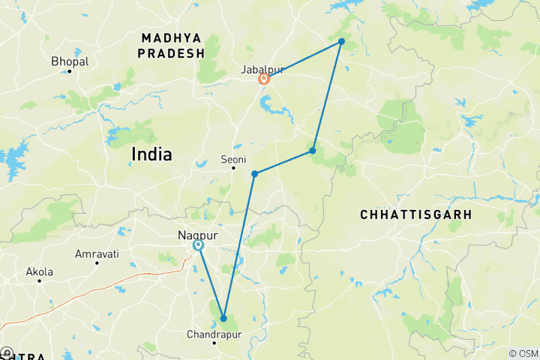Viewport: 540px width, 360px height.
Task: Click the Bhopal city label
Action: click(x=70, y=61)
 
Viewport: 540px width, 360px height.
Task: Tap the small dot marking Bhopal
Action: click(x=70, y=71)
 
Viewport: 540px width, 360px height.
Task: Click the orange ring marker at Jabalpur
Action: click(x=264, y=79)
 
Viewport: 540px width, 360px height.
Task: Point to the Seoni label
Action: click(x=232, y=159)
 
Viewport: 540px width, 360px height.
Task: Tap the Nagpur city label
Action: click(x=197, y=235)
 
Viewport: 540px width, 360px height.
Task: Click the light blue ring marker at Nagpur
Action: click(x=198, y=245)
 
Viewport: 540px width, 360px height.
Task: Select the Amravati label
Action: click(x=97, y=254)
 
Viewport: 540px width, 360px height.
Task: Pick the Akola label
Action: click(x=39, y=271)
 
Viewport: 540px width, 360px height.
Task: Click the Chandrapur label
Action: click(x=214, y=334)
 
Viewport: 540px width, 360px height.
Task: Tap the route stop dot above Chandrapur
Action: click(x=223, y=319)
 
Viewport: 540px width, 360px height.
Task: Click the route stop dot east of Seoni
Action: click(x=255, y=174)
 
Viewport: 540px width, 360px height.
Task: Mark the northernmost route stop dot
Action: click(x=341, y=41)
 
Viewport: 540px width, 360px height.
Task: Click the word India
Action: click(x=151, y=154)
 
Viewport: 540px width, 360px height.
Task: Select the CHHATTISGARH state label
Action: click(x=415, y=214)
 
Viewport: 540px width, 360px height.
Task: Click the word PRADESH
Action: click(x=172, y=53)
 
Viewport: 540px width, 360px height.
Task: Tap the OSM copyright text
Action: click(x=523, y=353)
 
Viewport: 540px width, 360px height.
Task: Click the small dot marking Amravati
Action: click(x=97, y=263)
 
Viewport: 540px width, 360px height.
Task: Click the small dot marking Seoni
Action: click(x=232, y=168)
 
